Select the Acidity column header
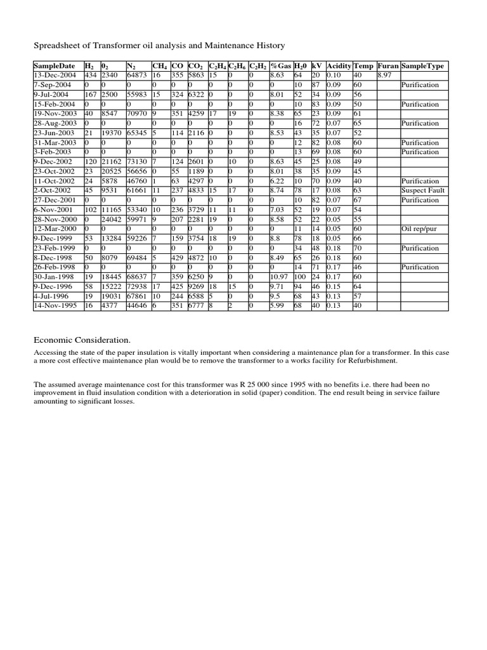[339, 66]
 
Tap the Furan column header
[387, 66]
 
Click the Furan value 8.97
[384, 75]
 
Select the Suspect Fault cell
[422, 190]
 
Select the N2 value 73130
[138, 162]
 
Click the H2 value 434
[91, 75]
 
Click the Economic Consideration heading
[73, 340]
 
